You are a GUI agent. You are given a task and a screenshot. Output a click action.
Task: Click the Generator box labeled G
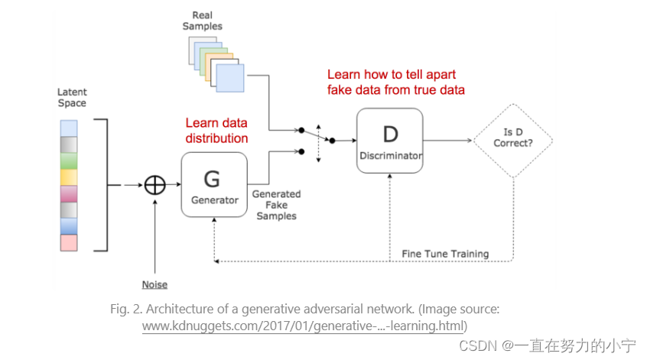[x=213, y=186]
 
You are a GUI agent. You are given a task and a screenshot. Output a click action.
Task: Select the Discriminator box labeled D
[x=389, y=141]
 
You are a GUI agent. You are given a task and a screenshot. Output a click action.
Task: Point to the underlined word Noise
[x=154, y=285]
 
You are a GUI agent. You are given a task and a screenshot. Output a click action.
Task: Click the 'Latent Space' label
[x=72, y=97]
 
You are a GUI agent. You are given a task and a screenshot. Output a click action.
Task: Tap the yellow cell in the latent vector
[x=69, y=177]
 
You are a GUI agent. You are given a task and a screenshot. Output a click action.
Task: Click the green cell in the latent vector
[x=69, y=161]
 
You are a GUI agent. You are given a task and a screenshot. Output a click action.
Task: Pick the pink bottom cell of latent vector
[x=69, y=242]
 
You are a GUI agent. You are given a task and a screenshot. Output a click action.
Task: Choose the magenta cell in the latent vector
[x=69, y=193]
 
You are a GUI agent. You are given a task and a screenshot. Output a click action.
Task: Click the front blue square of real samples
[x=229, y=78]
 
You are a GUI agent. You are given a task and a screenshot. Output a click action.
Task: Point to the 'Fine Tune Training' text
[x=444, y=254]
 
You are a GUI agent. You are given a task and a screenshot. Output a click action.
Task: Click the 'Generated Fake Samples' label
[x=276, y=205]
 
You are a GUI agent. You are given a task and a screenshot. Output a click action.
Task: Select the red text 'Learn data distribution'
[x=216, y=131]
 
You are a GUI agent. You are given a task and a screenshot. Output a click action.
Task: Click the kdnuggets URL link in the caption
[x=304, y=326]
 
